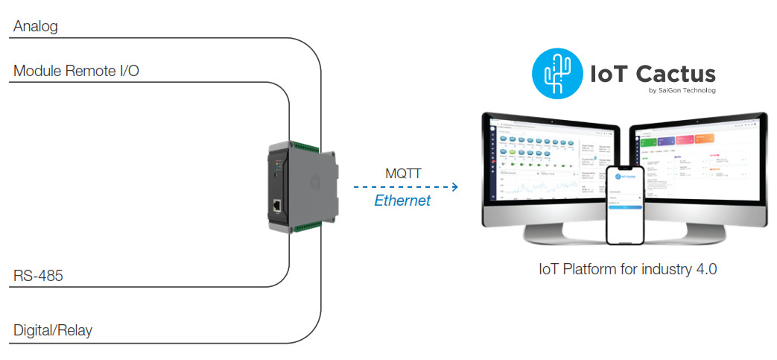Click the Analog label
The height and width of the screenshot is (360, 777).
36,27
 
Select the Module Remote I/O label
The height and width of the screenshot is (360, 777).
76,71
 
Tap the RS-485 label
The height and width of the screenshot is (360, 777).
38,277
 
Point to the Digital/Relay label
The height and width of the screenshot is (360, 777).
53,330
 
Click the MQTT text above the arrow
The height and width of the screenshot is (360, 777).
403,174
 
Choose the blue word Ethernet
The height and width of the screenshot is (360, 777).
402,200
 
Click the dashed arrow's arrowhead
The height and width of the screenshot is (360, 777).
454,187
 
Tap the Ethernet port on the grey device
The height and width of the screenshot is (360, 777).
277,206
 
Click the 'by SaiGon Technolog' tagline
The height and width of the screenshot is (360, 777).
681,91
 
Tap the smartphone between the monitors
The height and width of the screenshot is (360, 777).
624,204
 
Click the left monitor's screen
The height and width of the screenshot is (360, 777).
548,164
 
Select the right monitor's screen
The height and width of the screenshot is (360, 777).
700,164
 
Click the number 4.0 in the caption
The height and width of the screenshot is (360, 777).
705,269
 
